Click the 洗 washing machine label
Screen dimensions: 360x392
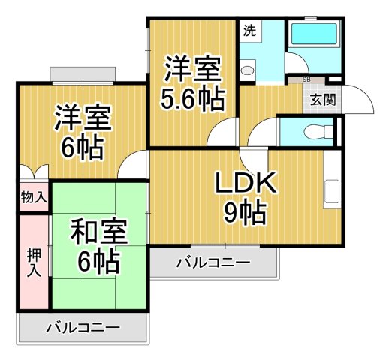249,32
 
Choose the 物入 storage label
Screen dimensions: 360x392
33,199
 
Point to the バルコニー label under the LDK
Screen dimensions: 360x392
214,262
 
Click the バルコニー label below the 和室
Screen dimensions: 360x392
83,328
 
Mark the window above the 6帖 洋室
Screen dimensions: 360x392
83,75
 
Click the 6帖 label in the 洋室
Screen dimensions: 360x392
82,148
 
